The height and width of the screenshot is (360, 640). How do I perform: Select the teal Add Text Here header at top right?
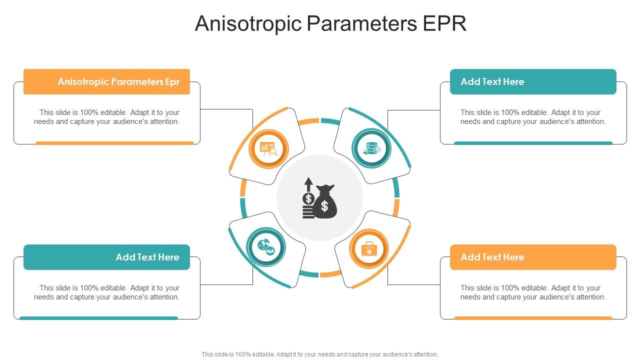point(533,81)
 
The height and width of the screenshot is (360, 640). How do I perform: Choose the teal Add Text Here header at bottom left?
point(107,257)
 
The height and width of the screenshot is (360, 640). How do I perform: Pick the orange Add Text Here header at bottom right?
point(533,257)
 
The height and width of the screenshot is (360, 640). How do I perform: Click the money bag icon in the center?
point(325,202)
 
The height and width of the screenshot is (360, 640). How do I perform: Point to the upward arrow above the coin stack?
point(308,183)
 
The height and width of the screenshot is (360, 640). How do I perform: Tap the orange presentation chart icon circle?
point(269,148)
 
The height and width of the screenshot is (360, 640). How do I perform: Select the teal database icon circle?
point(371,148)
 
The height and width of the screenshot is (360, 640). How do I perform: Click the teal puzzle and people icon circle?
point(266,246)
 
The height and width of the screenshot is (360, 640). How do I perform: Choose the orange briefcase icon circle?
point(369,248)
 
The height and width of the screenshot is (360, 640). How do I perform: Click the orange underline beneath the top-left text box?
point(114,143)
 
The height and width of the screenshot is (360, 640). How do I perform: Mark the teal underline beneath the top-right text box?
point(533,143)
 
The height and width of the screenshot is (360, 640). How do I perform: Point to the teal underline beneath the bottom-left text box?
point(98,318)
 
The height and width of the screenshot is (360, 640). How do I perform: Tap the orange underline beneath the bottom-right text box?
point(533,318)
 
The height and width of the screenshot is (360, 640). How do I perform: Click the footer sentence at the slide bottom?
point(320,354)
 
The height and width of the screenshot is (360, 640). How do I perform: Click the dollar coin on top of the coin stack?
point(308,199)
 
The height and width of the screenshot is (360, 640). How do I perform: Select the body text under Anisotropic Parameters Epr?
point(107,117)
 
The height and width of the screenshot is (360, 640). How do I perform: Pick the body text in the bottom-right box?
point(533,292)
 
